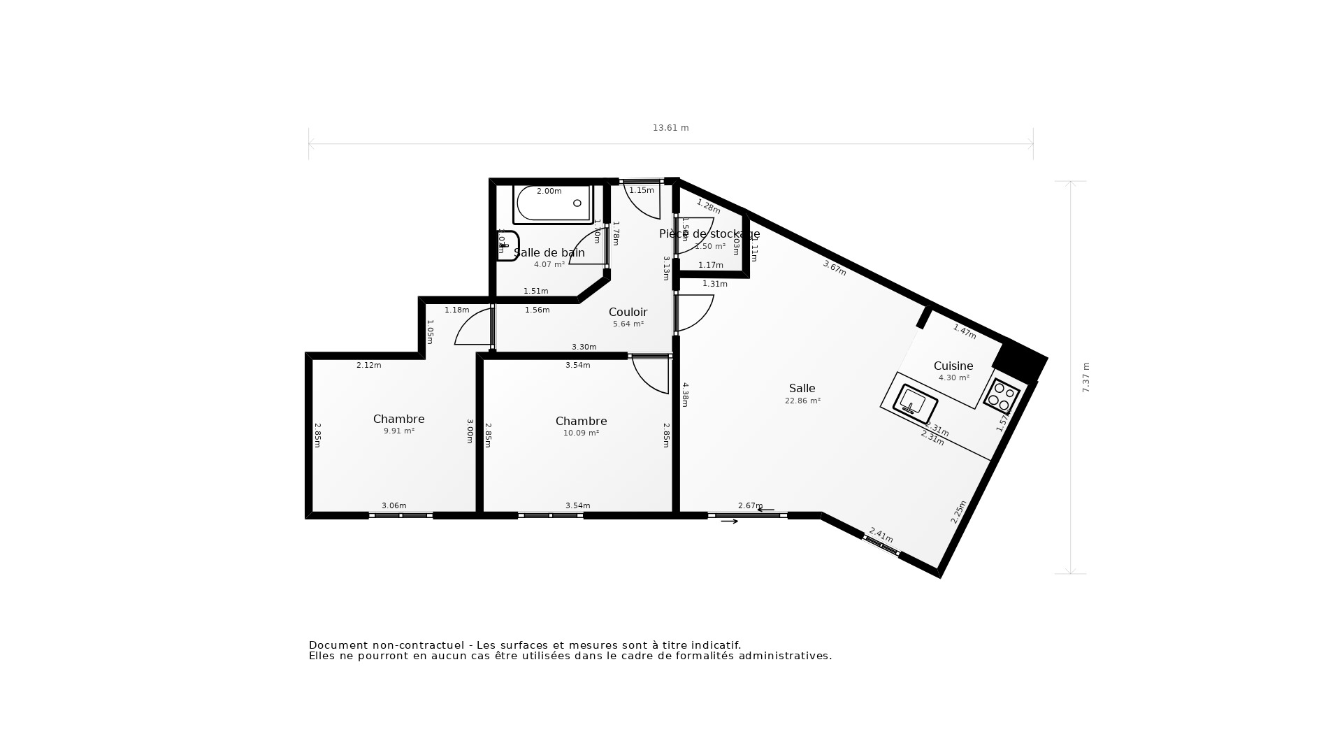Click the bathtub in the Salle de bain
click(552, 204)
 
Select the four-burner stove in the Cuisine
click(1002, 396)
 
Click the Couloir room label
click(628, 312)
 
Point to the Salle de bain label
click(549, 253)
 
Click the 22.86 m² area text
click(802, 401)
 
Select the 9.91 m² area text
click(398, 431)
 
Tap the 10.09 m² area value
click(581, 433)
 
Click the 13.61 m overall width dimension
click(670, 128)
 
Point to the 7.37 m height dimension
click(1086, 377)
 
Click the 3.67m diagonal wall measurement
click(835, 268)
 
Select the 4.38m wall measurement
click(685, 394)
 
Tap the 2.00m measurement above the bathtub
click(549, 192)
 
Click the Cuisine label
click(953, 366)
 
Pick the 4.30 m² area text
click(953, 378)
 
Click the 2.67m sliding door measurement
click(750, 506)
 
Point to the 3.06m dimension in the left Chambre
click(394, 506)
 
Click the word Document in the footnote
click(338, 645)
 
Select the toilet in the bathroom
click(507, 246)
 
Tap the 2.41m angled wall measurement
click(881, 535)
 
